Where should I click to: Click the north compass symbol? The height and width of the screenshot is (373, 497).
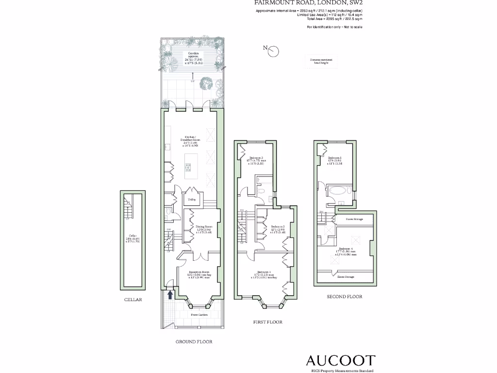[x=273, y=50]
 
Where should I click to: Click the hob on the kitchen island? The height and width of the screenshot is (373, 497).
[x=188, y=168]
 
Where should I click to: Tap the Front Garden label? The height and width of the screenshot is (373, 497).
[x=199, y=315]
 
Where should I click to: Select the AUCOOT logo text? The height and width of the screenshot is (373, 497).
[x=340, y=360]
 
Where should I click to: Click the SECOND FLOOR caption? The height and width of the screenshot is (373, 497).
[x=344, y=296]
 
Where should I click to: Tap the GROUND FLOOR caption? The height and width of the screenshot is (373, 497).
[x=194, y=342]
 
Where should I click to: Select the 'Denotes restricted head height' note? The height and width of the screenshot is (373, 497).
[x=321, y=61]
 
